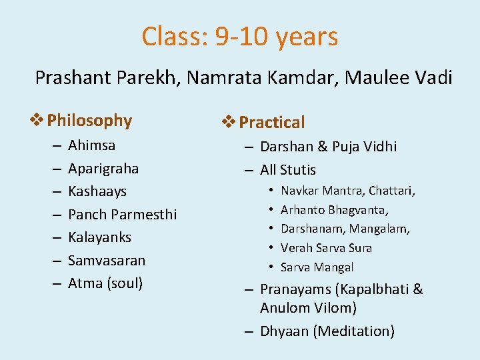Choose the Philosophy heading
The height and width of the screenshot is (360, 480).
click(x=89, y=121)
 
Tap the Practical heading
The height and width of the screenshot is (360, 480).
click(x=271, y=122)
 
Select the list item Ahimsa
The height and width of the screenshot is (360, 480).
click(x=91, y=145)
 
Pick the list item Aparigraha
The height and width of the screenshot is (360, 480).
click(x=103, y=168)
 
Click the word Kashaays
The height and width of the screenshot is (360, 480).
click(x=97, y=191)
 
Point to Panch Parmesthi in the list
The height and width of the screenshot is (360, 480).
click(x=122, y=215)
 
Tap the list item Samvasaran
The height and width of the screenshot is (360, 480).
click(x=107, y=261)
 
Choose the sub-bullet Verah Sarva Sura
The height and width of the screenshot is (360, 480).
click(x=326, y=248)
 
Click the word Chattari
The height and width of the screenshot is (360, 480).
click(x=392, y=191)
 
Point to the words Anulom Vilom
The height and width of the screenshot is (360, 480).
click(x=308, y=308)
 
